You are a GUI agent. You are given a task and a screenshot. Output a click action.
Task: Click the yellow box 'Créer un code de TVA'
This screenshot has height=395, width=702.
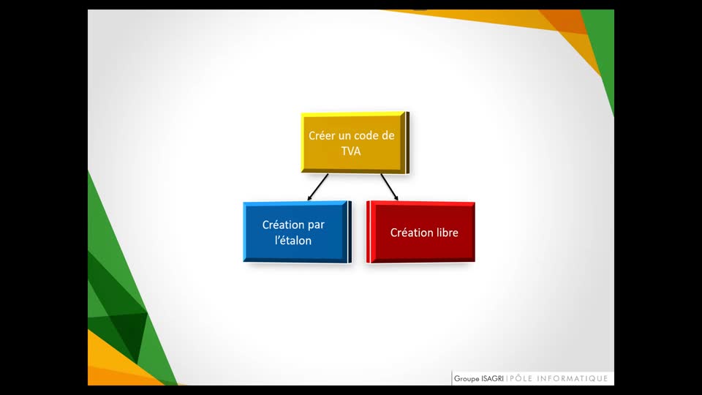click(355, 143)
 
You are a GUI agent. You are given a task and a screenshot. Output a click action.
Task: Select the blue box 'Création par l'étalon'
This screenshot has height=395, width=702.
click(298, 232)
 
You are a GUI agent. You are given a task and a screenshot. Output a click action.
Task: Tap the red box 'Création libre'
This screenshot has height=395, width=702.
click(420, 232)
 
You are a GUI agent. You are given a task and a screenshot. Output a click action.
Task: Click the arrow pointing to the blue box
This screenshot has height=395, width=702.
click(318, 187)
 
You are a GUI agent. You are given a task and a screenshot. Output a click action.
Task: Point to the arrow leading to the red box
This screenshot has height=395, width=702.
click(390, 187)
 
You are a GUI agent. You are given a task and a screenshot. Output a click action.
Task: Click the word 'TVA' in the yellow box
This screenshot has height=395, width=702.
click(351, 151)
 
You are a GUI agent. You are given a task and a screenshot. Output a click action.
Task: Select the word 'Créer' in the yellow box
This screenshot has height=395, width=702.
click(322, 136)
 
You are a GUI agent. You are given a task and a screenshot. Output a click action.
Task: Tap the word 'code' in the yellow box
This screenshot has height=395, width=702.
click(366, 136)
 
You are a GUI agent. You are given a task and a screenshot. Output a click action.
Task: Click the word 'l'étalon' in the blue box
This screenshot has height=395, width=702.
click(293, 241)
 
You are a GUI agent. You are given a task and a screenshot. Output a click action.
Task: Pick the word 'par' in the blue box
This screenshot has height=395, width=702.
click(317, 225)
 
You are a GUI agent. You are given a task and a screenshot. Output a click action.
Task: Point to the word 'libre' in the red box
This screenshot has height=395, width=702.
click(446, 233)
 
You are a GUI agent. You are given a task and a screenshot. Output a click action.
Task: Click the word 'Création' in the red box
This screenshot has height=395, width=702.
click(410, 233)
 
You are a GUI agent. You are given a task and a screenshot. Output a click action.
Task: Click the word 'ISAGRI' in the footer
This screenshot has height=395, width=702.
click(492, 379)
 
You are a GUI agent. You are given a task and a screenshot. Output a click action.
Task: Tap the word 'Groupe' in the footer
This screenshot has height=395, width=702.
click(467, 379)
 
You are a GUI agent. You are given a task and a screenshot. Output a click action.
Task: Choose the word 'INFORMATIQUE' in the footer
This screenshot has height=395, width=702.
click(572, 378)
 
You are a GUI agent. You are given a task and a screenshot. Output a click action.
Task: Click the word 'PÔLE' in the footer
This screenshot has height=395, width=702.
click(521, 378)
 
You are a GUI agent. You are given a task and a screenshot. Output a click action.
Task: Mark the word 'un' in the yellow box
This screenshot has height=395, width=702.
click(344, 136)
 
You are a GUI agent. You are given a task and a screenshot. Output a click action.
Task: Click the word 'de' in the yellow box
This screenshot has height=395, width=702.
click(388, 136)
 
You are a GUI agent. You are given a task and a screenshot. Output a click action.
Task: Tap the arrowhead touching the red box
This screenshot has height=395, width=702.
click(396, 197)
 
